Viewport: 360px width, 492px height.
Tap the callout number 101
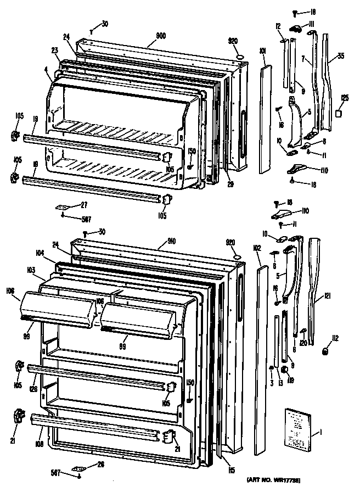(262, 51)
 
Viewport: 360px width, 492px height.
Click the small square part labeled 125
(339, 113)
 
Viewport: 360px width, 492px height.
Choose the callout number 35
(341, 56)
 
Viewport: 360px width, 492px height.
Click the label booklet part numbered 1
(299, 428)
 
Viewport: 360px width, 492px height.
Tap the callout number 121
(328, 296)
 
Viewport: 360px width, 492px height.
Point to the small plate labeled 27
(61, 208)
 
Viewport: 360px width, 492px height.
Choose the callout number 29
(230, 183)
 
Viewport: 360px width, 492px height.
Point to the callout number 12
(278, 27)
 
